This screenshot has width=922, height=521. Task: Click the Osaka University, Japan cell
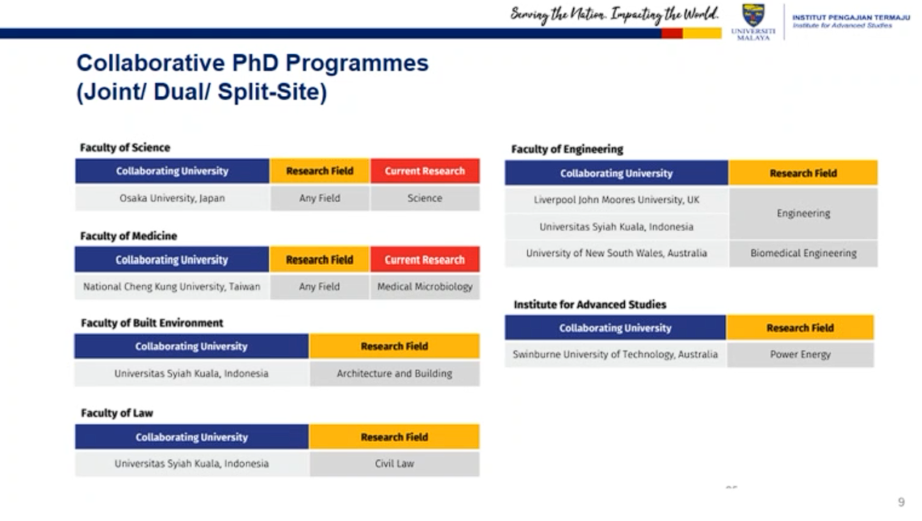pos(172,198)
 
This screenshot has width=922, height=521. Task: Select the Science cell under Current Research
pos(425,198)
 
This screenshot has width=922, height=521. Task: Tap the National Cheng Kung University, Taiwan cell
pos(172,287)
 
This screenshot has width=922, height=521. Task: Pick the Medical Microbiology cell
pos(425,287)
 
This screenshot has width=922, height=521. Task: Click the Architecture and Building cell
pos(395,373)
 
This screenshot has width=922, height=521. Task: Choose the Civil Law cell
pos(395,464)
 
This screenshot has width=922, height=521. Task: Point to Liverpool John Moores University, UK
pos(616,200)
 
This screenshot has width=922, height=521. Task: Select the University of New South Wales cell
pos(616,254)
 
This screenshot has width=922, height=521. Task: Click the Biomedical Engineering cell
pos(803,254)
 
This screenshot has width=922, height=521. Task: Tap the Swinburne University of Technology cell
pos(615,355)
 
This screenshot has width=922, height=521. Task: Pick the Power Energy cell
pos(800,355)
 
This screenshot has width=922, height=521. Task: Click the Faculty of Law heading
pos(117,414)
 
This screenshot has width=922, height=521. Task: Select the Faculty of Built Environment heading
pos(152,323)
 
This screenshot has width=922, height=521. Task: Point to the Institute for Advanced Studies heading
pos(590,305)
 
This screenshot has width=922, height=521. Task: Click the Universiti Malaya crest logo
pos(753,14)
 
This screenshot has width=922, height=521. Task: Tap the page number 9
pos(902,502)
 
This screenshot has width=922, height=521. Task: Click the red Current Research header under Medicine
pos(425,259)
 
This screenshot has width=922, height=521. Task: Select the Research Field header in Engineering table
pos(803,174)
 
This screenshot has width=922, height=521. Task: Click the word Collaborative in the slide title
pos(150,63)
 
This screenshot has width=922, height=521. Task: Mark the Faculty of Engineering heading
pos(567,149)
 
